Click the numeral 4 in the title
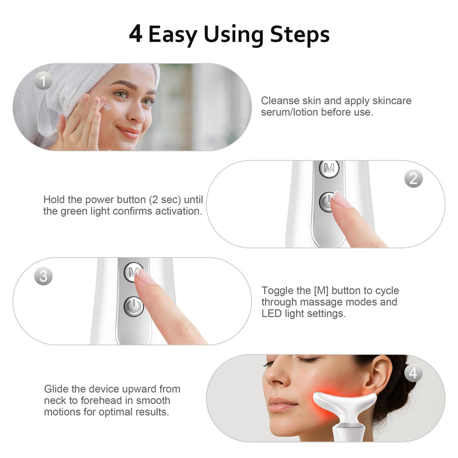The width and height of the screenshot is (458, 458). click(x=135, y=34)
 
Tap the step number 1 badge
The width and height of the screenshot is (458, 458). click(x=43, y=81)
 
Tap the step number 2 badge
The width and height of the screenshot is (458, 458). click(x=413, y=179)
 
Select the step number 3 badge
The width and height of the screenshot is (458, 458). click(x=43, y=277)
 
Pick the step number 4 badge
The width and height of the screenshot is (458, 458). click(x=413, y=373)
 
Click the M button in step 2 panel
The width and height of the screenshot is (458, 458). click(x=329, y=169)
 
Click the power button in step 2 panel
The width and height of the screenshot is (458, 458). click(x=327, y=202)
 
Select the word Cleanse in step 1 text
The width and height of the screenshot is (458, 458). click(x=278, y=101)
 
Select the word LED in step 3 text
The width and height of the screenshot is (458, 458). click(x=272, y=314)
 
